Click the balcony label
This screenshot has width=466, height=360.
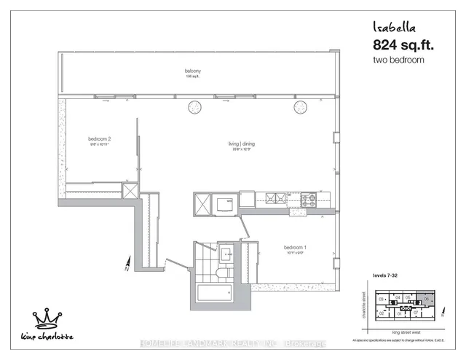tap(192, 71)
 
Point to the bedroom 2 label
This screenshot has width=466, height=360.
tap(99, 138)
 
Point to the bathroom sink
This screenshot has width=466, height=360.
tap(225, 254)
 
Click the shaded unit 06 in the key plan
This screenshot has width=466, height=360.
tap(426, 299)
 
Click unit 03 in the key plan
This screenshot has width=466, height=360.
tap(381, 299)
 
